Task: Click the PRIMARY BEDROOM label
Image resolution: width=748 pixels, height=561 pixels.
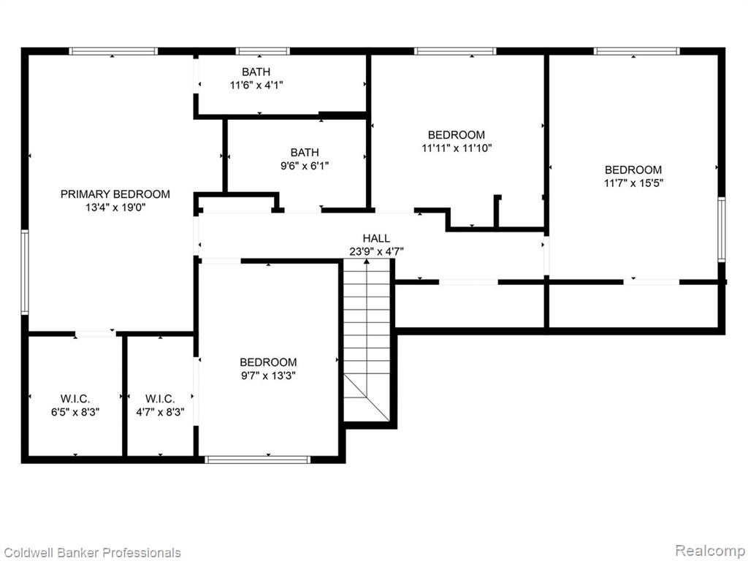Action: [x=115, y=194]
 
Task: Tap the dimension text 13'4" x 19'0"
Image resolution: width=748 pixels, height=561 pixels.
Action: [x=115, y=207]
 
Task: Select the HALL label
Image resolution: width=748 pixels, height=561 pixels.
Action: [x=376, y=238]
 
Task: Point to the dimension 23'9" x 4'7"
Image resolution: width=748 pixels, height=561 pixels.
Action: [x=376, y=251]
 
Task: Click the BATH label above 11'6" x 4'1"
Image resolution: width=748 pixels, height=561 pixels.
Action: [x=256, y=72]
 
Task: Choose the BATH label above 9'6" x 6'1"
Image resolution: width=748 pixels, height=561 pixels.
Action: [x=305, y=153]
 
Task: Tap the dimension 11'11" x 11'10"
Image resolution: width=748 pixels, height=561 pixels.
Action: [x=457, y=148]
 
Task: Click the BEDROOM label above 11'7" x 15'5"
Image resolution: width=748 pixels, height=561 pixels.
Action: [x=633, y=169]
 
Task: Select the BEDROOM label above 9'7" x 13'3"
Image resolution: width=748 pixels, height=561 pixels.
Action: [x=268, y=362]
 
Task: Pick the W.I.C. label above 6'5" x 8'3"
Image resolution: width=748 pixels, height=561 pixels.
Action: [x=75, y=399]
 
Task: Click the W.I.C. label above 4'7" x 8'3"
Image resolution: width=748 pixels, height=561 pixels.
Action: [x=160, y=399]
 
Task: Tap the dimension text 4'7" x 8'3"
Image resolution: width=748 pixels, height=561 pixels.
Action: [x=160, y=412]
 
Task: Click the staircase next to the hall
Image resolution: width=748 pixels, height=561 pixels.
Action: [x=367, y=340]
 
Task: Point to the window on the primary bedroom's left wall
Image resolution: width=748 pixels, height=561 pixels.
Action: [x=24, y=272]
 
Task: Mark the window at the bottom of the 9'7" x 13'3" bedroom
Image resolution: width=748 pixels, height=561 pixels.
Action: [x=258, y=460]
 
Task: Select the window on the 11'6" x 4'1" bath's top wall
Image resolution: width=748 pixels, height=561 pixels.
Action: [x=262, y=51]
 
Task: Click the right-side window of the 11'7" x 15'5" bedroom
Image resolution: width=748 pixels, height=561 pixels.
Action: [x=722, y=229]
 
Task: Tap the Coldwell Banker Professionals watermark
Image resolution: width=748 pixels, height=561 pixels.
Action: [x=91, y=552]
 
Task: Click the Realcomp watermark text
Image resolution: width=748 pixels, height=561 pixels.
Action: [x=710, y=551]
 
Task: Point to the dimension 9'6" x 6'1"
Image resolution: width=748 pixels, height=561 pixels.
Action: [x=305, y=166]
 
